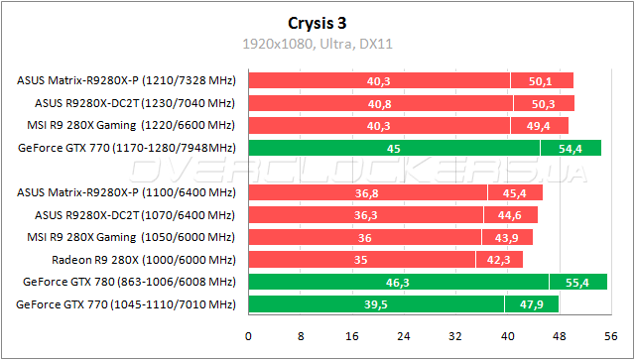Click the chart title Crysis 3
(x=317, y=22)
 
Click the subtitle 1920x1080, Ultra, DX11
(x=317, y=44)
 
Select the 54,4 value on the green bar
(x=571, y=148)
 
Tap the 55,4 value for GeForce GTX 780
(x=579, y=283)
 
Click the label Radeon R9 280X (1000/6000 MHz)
(x=144, y=261)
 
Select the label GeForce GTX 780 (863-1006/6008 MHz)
(x=126, y=283)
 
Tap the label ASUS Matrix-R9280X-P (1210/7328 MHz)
(x=126, y=80)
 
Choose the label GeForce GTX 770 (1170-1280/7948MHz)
(x=126, y=148)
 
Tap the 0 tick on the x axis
(x=248, y=334)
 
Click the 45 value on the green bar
(x=394, y=148)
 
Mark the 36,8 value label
(x=368, y=192)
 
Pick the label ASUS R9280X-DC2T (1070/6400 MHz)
(x=135, y=215)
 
